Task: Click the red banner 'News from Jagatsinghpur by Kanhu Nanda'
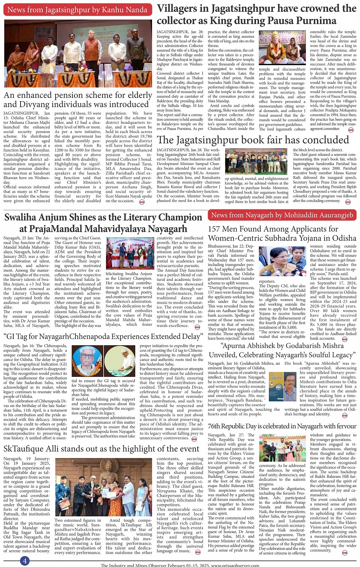77,10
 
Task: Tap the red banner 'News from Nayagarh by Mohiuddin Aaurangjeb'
282,215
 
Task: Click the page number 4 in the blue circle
24,561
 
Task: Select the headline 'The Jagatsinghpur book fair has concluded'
253,140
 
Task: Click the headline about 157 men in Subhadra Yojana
282,233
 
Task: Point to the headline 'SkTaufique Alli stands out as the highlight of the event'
101,448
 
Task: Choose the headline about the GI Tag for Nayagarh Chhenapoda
103,336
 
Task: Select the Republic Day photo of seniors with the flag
282,448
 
